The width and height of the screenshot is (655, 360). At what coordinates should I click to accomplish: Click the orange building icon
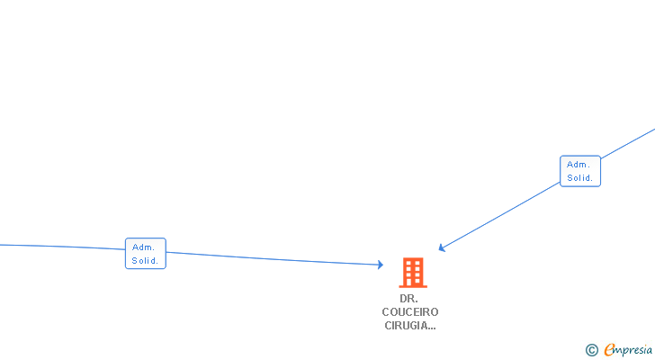tap(413, 272)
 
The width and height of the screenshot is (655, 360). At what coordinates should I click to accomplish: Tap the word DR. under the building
tap(409, 298)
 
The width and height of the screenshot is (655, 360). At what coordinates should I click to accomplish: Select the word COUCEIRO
tap(409, 312)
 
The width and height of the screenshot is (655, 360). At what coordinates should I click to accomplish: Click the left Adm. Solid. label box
tap(145, 254)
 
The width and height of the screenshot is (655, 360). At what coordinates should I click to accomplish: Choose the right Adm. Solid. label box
tap(579, 171)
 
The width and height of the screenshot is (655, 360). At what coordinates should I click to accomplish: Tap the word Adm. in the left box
tap(144, 247)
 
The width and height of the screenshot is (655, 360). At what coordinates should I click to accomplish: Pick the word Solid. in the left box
tap(145, 261)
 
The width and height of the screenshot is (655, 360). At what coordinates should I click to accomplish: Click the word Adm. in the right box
tap(579, 164)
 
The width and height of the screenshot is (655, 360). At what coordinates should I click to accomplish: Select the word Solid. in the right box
tap(580, 178)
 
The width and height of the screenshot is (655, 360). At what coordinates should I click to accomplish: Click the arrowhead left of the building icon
tap(381, 265)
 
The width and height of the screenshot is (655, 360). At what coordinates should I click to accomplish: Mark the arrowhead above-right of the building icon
tap(442, 247)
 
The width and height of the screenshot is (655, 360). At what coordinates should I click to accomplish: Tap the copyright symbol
tap(591, 350)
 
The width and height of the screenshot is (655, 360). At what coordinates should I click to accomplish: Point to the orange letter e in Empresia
tap(609, 350)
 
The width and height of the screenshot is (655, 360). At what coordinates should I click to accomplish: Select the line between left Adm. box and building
tap(270, 258)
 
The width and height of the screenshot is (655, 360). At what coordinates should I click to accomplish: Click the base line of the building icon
tap(413, 285)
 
